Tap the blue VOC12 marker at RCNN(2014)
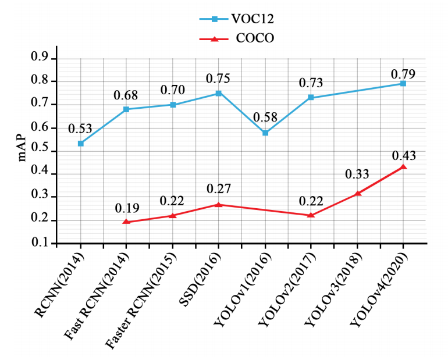pyautogui.click(x=81, y=143)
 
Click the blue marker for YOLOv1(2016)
pyautogui.click(x=265, y=133)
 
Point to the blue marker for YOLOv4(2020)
pyautogui.click(x=403, y=84)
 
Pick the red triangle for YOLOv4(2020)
pyautogui.click(x=403, y=167)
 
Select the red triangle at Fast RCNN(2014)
pyautogui.click(x=126, y=222)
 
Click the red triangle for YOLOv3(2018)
pyautogui.click(x=358, y=193)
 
